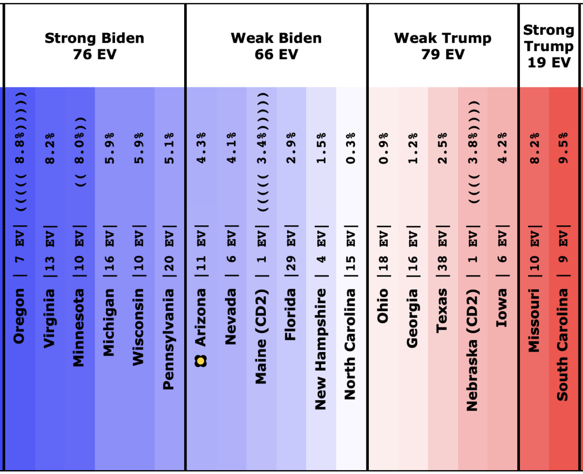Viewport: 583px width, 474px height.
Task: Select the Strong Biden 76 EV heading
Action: coord(94,46)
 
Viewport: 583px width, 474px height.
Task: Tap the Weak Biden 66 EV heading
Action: coord(276,46)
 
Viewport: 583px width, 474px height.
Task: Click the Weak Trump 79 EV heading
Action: coord(443,46)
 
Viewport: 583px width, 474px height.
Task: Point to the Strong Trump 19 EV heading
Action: coord(549,46)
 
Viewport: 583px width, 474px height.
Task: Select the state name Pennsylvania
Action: coord(169,339)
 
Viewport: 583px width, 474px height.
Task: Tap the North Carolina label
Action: coord(350,344)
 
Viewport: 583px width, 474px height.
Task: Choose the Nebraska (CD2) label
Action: coord(472,350)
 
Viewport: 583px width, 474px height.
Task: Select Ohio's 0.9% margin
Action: coord(383,148)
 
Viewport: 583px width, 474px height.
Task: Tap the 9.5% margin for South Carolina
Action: coord(563,148)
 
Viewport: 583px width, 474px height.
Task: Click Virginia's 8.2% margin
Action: coord(50,148)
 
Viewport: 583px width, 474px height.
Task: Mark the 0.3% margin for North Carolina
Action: coord(350,148)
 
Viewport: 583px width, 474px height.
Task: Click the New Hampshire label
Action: coord(320,350)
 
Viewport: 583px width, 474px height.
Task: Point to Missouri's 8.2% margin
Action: coord(534,148)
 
